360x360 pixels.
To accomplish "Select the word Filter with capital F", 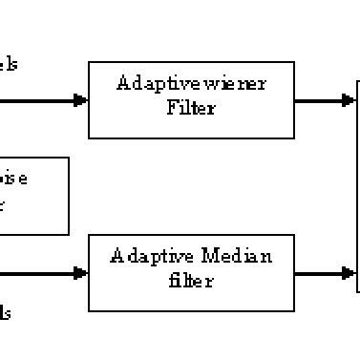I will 191,107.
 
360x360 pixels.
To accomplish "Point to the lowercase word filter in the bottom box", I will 191,281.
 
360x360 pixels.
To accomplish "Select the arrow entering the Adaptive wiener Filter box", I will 43,99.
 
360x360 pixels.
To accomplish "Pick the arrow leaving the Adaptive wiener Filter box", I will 325,99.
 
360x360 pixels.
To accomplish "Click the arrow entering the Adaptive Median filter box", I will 43,273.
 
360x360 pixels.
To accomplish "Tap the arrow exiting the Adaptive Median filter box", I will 325,273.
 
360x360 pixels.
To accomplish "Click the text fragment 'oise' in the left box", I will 12,179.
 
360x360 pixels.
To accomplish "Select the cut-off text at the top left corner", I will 8,64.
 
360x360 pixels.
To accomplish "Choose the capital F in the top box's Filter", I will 172,107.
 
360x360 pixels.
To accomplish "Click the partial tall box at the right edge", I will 357,186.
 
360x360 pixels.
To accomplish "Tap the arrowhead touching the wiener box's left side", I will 81,99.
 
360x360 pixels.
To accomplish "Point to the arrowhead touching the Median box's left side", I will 81,273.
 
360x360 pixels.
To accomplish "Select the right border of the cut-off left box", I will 69,196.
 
